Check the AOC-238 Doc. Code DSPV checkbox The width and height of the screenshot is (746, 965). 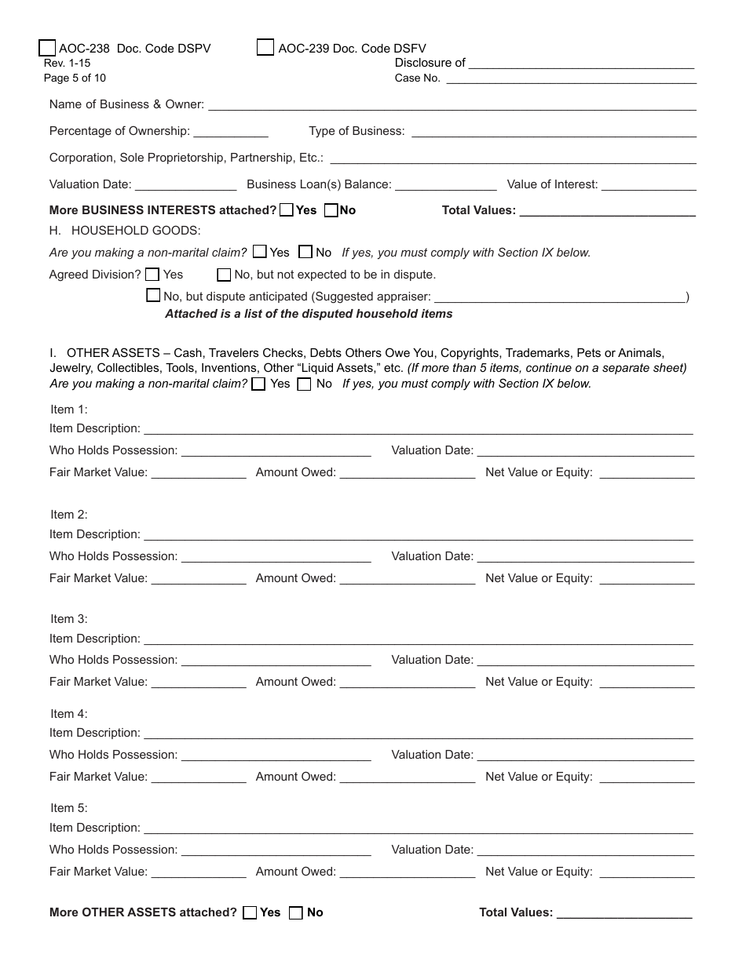pos(47,49)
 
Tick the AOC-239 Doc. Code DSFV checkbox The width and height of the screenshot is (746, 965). pos(265,48)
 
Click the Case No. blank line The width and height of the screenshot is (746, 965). pos(571,78)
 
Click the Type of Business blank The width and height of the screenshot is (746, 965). pos(554,132)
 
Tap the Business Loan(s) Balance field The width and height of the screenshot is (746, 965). pos(445,185)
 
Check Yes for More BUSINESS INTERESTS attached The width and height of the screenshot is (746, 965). pos(287,210)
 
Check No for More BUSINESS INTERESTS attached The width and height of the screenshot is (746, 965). pos(331,210)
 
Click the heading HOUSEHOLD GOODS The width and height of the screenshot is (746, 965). pos(135,231)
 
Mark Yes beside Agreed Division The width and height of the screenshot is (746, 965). pos(152,275)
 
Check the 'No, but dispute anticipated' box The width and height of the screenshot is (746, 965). pos(153,296)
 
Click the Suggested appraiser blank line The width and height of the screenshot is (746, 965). pos(559,297)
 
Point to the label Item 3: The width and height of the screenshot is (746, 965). pos(69,619)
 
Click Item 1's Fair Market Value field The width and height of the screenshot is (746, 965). pos(198,473)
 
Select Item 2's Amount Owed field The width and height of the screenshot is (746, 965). pos(407,579)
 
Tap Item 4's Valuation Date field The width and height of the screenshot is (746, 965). pos(585,756)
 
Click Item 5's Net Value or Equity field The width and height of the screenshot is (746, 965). pos(646,872)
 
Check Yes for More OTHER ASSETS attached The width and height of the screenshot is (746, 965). pos(250,912)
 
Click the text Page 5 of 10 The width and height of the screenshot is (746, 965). pos(75,78)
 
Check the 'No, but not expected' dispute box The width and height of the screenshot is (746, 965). pos(224,275)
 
